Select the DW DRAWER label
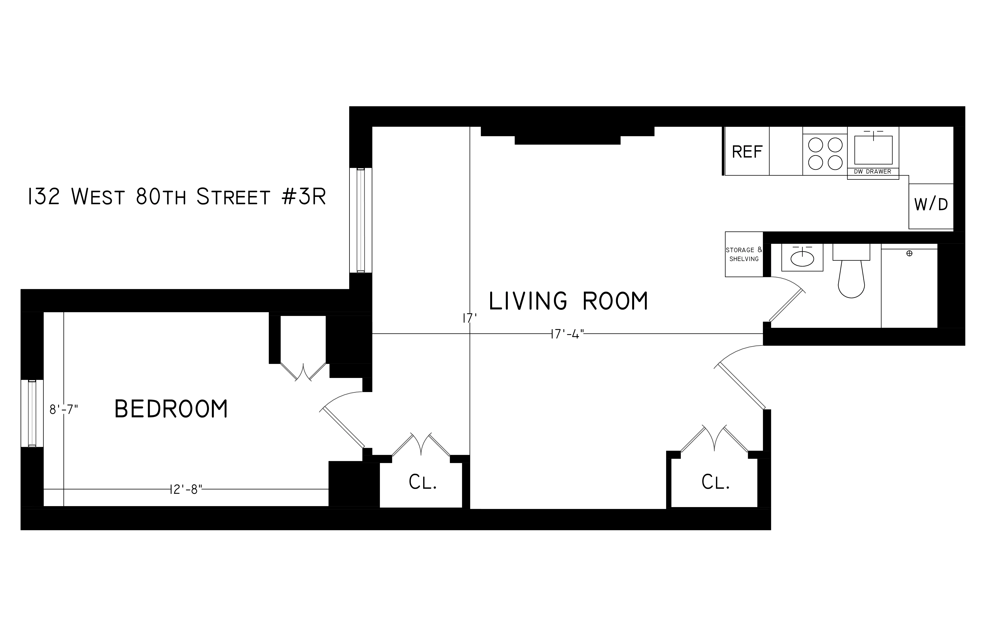click(x=872, y=171)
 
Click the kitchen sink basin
click(x=873, y=150)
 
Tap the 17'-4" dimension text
click(x=567, y=334)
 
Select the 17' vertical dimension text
click(x=470, y=318)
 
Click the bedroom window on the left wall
click(x=32, y=413)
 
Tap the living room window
click(x=360, y=220)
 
